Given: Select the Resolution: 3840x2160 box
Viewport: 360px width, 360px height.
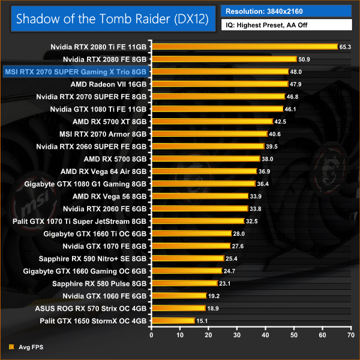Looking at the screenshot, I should [x=286, y=12].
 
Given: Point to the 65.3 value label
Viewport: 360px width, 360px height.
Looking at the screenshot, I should [x=345, y=46].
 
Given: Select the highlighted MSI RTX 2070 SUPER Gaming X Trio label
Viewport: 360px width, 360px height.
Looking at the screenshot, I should [x=76, y=71].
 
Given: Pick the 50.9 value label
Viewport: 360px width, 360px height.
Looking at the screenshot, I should [x=304, y=59].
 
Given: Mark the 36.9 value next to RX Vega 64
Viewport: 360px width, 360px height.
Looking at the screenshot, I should [x=264, y=172].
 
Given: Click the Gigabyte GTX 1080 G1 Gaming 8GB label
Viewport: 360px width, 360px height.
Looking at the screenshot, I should [x=85, y=184].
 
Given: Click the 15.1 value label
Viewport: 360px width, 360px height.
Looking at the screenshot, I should [x=203, y=321].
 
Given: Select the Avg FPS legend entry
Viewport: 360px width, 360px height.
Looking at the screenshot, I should [x=26, y=347].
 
